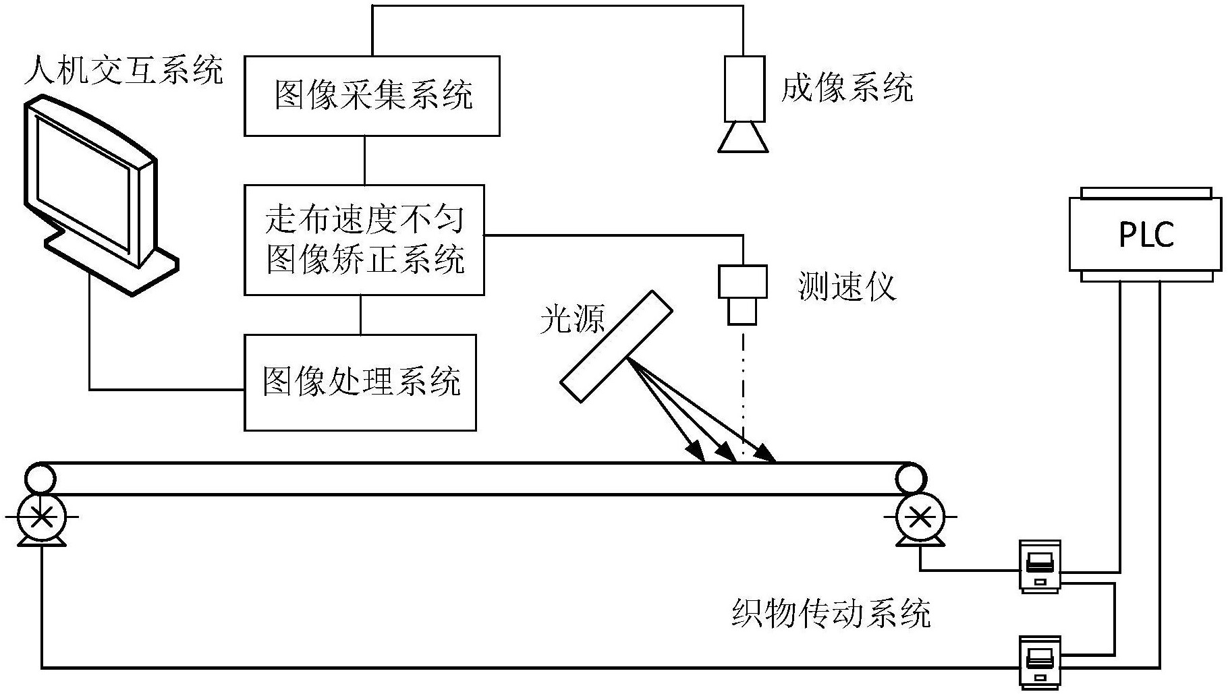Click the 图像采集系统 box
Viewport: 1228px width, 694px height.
pos(372,96)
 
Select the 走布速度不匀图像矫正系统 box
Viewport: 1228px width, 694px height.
pos(364,240)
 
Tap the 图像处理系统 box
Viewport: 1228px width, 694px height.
pos(360,382)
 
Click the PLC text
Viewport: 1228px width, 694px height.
pos(1146,235)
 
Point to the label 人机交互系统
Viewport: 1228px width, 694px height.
pos(123,71)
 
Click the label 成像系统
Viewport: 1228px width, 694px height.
pos(846,88)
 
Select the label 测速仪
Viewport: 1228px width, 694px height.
pos(846,287)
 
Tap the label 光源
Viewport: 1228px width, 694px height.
pos(572,320)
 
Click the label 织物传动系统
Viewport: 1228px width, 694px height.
pos(831,613)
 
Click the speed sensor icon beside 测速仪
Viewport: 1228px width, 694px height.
pos(742,295)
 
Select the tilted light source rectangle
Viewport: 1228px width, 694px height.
pos(616,347)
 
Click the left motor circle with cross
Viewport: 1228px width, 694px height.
pos(41,518)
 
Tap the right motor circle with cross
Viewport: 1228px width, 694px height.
pos(919,518)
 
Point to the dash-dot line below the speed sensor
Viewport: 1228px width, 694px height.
pos(743,391)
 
